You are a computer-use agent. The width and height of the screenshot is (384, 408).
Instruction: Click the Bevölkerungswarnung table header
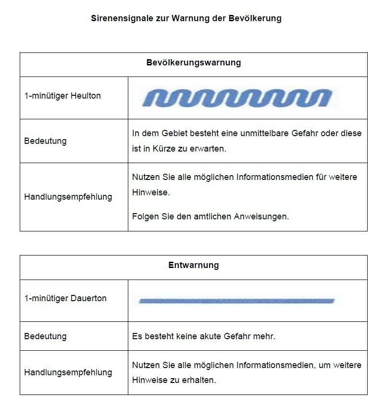point(193,63)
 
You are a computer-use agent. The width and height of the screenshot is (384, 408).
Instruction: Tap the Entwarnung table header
point(193,265)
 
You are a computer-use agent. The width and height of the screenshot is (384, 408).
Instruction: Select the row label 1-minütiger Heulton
point(62,96)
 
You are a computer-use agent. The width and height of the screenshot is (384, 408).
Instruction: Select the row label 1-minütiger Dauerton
point(65,298)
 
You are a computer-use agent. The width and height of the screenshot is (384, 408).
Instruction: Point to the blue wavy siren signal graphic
point(237,98)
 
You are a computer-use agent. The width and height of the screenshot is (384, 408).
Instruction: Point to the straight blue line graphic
point(236,301)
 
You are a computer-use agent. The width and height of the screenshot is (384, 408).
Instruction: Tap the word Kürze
point(164,149)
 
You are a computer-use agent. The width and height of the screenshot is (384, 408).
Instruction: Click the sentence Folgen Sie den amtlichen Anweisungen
point(211,217)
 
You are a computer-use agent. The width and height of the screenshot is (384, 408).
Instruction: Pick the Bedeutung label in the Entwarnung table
point(45,336)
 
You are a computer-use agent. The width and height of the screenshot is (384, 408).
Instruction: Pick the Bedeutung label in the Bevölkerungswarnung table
point(45,141)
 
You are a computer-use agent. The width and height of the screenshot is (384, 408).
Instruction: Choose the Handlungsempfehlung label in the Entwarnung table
point(68,372)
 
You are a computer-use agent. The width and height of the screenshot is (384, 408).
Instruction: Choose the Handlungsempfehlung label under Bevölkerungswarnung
point(68,197)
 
